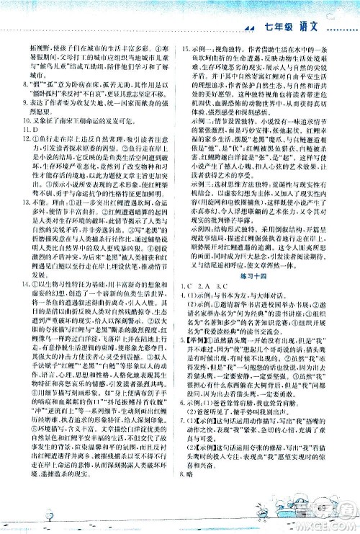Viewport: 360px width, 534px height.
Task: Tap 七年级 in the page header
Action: pyautogui.click(x=278, y=27)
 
